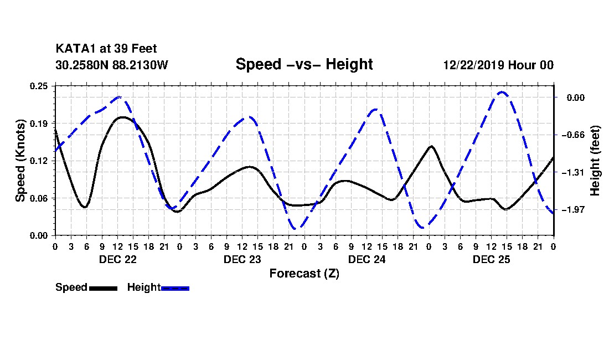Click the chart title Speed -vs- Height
[x=304, y=64]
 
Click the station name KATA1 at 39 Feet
[x=106, y=49]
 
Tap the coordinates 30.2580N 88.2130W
[x=112, y=65]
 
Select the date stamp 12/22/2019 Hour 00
[x=498, y=65]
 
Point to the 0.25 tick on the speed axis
[x=39, y=86]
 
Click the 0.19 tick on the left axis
[x=39, y=124]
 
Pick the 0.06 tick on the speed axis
[x=39, y=198]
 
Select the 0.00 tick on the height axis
[x=576, y=97]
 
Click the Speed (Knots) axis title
[x=20, y=161]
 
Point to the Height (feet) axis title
[x=595, y=161]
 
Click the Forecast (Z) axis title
[x=304, y=274]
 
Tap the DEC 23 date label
[x=242, y=259]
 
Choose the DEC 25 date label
[x=491, y=259]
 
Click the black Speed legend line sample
[x=104, y=288]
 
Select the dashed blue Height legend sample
[x=175, y=288]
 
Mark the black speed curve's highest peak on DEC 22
[x=122, y=117]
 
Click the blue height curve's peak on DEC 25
[x=502, y=92]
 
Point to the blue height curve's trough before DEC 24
[x=295, y=228]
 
